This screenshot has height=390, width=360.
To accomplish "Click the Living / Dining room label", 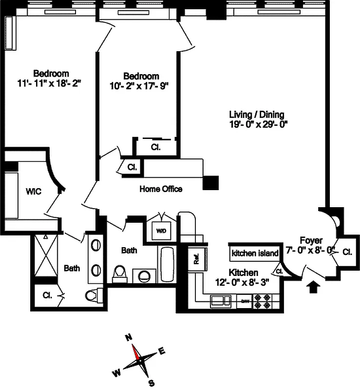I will pos(257,115).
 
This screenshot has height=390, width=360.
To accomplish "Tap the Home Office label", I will pos(161,189).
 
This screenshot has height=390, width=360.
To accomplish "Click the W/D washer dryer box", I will pos(161,231).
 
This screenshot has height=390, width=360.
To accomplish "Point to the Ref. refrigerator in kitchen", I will pos(197,258).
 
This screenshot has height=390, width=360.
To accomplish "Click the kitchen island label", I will pos(255,253).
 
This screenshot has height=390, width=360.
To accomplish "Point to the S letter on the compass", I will pos(152,382).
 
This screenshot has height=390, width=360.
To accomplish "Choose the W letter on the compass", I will pos(117,373).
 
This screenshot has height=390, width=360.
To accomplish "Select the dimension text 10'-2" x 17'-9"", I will pos(141,85).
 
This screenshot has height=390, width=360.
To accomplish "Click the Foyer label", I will pos(311,240).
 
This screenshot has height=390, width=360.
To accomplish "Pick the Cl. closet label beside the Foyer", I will pos(347,252).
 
